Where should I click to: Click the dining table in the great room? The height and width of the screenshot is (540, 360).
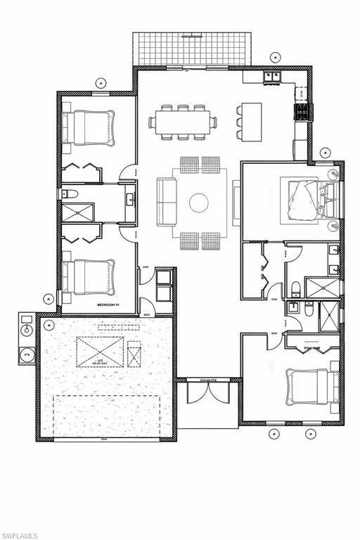point(182,122)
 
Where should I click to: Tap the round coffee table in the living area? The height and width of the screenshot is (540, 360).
point(199,202)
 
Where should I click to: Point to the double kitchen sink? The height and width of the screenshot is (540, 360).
point(273,76)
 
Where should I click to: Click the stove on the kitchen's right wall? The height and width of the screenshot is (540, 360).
point(302,112)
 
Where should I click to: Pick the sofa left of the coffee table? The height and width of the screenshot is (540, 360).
point(167,202)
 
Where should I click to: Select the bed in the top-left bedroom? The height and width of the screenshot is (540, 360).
point(88,128)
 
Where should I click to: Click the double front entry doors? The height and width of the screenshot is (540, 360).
point(208,391)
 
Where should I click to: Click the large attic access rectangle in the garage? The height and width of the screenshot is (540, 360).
point(100,352)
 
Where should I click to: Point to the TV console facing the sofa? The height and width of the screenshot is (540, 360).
point(237,202)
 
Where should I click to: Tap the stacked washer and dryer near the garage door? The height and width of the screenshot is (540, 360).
point(163,285)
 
